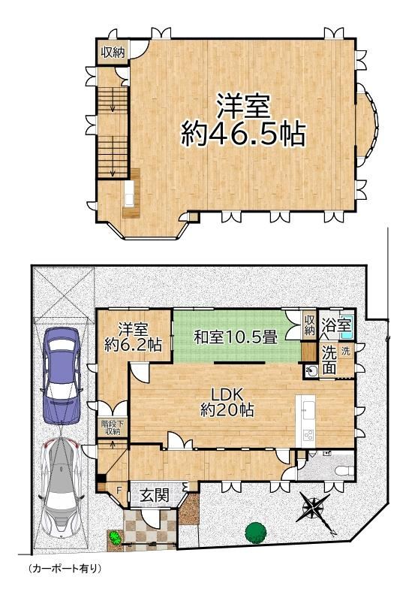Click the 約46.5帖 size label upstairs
[x=243, y=134]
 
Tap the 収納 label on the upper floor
[x=113, y=53]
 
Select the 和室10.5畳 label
[x=236, y=337]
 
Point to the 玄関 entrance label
[x=155, y=496]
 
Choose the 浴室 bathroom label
[x=336, y=325]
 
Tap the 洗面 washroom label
[x=329, y=361]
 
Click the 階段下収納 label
[x=111, y=427]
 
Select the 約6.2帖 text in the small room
[x=133, y=345]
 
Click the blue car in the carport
[x=62, y=376]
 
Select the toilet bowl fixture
[x=344, y=470]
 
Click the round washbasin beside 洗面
[x=312, y=371]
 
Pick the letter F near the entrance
[x=119, y=489]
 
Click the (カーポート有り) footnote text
[x=65, y=569]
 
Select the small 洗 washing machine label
[x=345, y=351]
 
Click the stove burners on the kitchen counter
[x=308, y=435]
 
